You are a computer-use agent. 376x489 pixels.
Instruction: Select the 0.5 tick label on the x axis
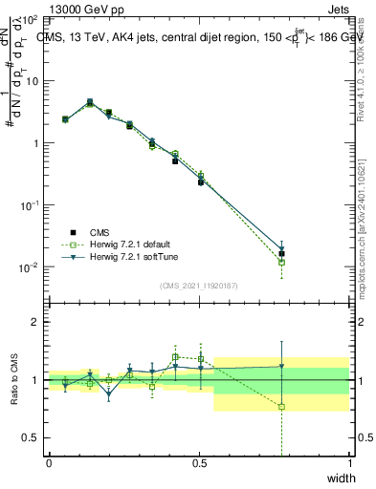coord(199,463)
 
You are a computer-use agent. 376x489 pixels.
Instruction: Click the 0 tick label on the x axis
coord(49,463)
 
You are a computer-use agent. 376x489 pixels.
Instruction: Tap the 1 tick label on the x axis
coord(349,463)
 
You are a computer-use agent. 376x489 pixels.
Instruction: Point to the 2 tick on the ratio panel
coord(35,323)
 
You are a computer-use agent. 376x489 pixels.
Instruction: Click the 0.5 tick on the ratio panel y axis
coord(31,437)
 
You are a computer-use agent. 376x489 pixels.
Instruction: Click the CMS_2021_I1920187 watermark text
coord(199,283)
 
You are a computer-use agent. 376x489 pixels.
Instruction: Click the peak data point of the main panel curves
coord(90,101)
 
